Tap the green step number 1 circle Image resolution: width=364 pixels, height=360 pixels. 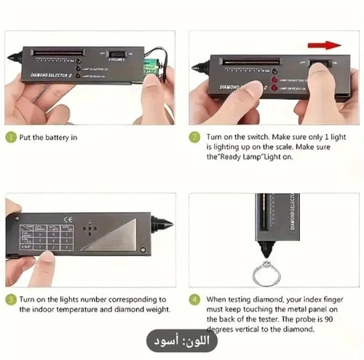pyautogui.click(x=11, y=136)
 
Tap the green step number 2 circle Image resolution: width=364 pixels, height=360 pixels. pyautogui.click(x=194, y=136)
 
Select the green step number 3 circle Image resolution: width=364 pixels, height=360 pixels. pyautogui.click(x=11, y=299)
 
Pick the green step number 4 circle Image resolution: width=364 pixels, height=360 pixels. pyautogui.click(x=194, y=299)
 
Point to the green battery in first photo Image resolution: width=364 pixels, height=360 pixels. pyautogui.click(x=150, y=66)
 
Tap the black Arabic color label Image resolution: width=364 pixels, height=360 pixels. pyautogui.click(x=181, y=340)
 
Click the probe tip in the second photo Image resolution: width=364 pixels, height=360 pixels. pyautogui.click(x=196, y=67)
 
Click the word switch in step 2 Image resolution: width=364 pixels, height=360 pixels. pyautogui.click(x=270, y=137)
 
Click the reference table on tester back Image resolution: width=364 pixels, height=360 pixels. pyautogui.click(x=46, y=237)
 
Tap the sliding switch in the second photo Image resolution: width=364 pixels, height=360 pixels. pyautogui.click(x=320, y=65)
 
